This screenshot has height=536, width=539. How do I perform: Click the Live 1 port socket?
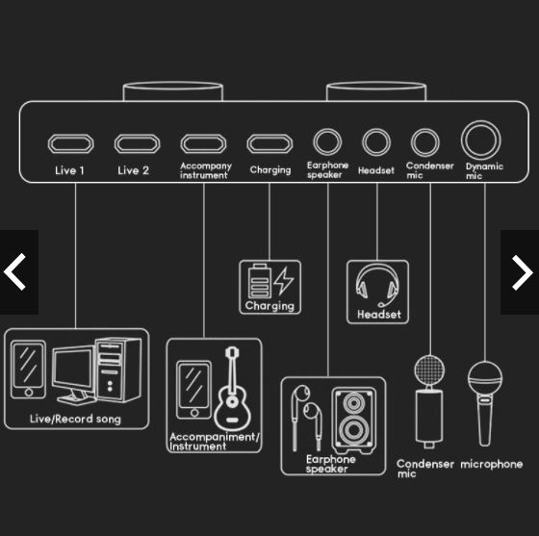70,143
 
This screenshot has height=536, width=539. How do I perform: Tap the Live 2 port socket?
137,143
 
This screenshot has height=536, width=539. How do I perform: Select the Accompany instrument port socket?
203,143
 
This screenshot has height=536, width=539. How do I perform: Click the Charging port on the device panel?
269,143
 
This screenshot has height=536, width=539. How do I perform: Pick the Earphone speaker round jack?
327,141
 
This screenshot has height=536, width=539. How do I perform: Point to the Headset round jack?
376,141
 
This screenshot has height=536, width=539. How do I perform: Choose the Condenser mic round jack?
425,141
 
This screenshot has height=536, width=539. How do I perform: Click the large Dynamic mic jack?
481,140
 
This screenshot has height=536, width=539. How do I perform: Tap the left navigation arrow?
14,271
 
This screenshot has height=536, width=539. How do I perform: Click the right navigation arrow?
523,272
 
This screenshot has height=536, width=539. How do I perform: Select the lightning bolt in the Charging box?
284,281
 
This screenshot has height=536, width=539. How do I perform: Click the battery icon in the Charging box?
260,281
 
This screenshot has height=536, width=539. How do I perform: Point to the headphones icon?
377,285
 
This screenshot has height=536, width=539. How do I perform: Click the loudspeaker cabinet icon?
354,421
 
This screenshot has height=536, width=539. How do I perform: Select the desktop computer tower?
118,370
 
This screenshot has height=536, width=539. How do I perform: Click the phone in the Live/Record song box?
28,370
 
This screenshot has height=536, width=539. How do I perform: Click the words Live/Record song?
75,419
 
